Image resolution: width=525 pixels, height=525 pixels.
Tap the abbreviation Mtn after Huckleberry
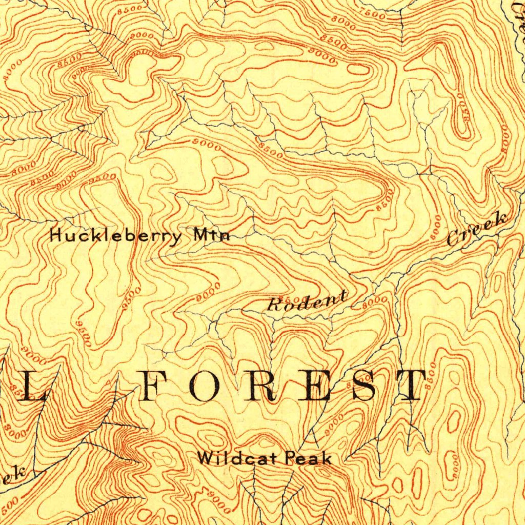pos(212,236)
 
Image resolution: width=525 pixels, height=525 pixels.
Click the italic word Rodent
pos(307,302)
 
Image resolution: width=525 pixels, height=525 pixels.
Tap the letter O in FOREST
pos(205,386)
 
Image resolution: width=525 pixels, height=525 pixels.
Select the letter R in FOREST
pos(259,386)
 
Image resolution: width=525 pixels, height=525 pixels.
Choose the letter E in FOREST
pos(312,386)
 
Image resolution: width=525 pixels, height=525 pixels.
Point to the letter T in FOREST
pos(408,386)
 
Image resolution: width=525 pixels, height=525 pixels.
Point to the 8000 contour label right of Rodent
pos(375,302)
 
